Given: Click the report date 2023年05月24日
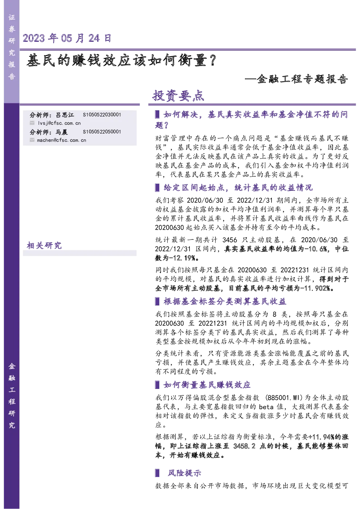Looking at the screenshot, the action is pos(67,38).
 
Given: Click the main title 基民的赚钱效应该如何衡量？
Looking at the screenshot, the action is pos(121,60).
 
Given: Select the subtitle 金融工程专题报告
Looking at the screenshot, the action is pos(302,79).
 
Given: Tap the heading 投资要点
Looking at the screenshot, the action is pos(178,95).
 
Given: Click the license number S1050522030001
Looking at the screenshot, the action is pos(102,115).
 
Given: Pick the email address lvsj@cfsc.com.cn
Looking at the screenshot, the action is pos(59,123).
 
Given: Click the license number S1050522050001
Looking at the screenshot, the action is pos(102,132).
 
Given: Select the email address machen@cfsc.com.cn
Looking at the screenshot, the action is pos(62,140).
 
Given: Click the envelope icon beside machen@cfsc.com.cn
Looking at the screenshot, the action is pos(32,140).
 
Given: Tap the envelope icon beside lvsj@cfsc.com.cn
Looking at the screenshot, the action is pos(32,123).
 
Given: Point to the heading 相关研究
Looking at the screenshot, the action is pos(44,245).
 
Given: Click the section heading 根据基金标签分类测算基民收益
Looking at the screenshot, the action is pos(225,301).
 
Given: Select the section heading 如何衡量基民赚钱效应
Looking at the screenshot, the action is pos(207,385).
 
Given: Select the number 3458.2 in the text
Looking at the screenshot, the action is pos(244,446).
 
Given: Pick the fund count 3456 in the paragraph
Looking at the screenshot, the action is pos(230,240).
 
